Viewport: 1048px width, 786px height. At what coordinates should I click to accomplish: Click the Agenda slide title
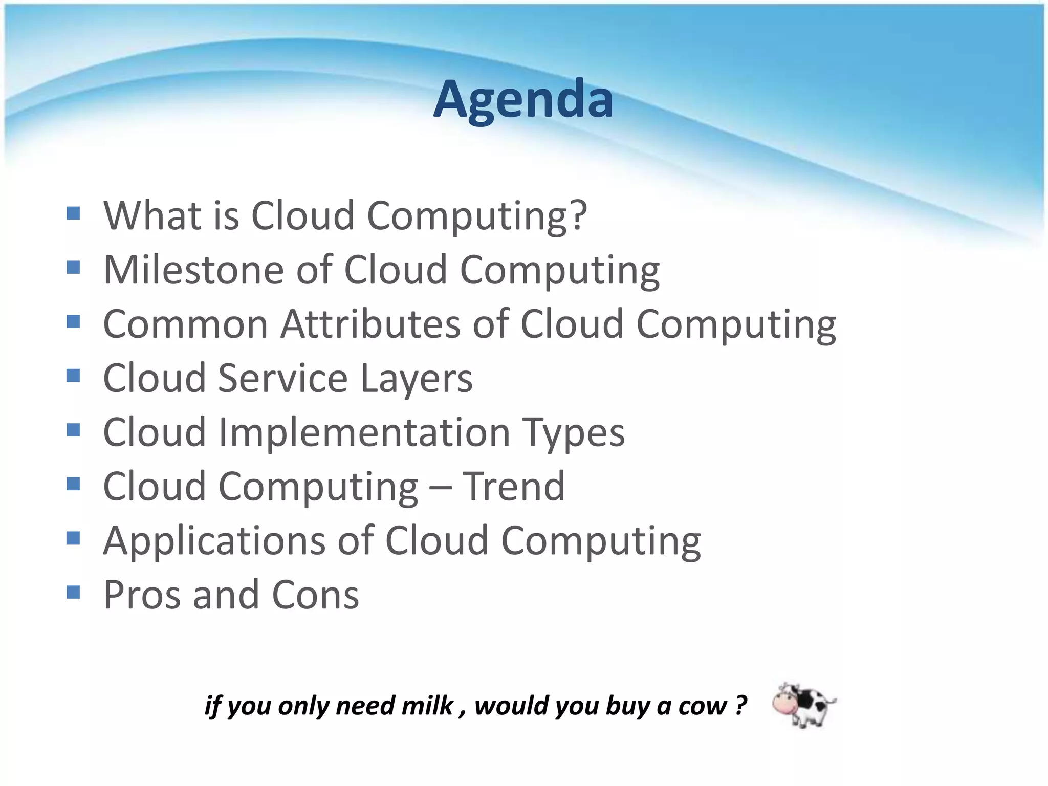tap(523, 99)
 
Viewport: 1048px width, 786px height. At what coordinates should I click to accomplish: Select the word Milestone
tap(193, 270)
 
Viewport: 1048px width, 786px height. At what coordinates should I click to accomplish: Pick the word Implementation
tap(364, 432)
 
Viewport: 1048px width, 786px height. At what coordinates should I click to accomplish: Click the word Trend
tap(514, 486)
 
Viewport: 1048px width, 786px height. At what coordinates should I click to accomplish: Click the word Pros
tap(142, 595)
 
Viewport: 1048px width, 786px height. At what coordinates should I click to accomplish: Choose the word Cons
tap(315, 595)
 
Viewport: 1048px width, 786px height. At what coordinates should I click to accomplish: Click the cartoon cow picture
tap(803, 705)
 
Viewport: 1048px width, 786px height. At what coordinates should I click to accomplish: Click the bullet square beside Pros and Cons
tap(73, 593)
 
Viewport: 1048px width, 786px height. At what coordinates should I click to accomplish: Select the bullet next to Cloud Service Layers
tap(73, 376)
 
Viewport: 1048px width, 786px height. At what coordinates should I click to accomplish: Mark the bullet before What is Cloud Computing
tap(73, 213)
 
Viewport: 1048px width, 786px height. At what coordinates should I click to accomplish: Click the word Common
tap(185, 324)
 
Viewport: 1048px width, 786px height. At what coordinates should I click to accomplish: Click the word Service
tap(283, 379)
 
